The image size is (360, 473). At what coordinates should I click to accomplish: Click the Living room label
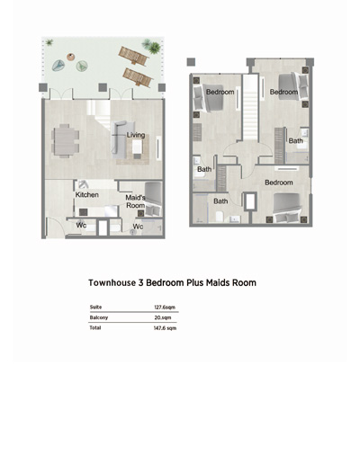tap(136, 135)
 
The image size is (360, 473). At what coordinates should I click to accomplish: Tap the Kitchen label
tap(87, 194)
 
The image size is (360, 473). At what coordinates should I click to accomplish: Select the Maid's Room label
tap(136, 201)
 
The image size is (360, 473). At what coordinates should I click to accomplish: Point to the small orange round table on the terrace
tap(71, 57)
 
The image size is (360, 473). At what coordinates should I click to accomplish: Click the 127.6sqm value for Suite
tap(165, 308)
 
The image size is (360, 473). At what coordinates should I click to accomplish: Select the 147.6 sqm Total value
tap(165, 328)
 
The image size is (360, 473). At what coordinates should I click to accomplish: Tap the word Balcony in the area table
tap(99, 317)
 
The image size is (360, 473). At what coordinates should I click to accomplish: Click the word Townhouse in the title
tap(112, 282)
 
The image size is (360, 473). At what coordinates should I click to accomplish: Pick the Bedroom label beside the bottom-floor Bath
tap(279, 183)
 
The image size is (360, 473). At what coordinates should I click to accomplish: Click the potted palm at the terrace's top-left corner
tap(49, 42)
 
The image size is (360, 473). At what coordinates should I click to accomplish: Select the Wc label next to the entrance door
tap(81, 225)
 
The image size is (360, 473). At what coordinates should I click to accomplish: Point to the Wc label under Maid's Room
tap(138, 227)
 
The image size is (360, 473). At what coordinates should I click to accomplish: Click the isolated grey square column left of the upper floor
tap(191, 62)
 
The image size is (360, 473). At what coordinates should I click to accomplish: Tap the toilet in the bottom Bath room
tap(220, 217)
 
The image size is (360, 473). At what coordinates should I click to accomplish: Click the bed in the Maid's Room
tap(153, 199)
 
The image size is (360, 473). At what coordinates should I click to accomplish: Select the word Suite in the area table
tap(95, 307)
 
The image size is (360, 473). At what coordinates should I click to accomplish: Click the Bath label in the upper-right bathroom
tap(296, 141)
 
